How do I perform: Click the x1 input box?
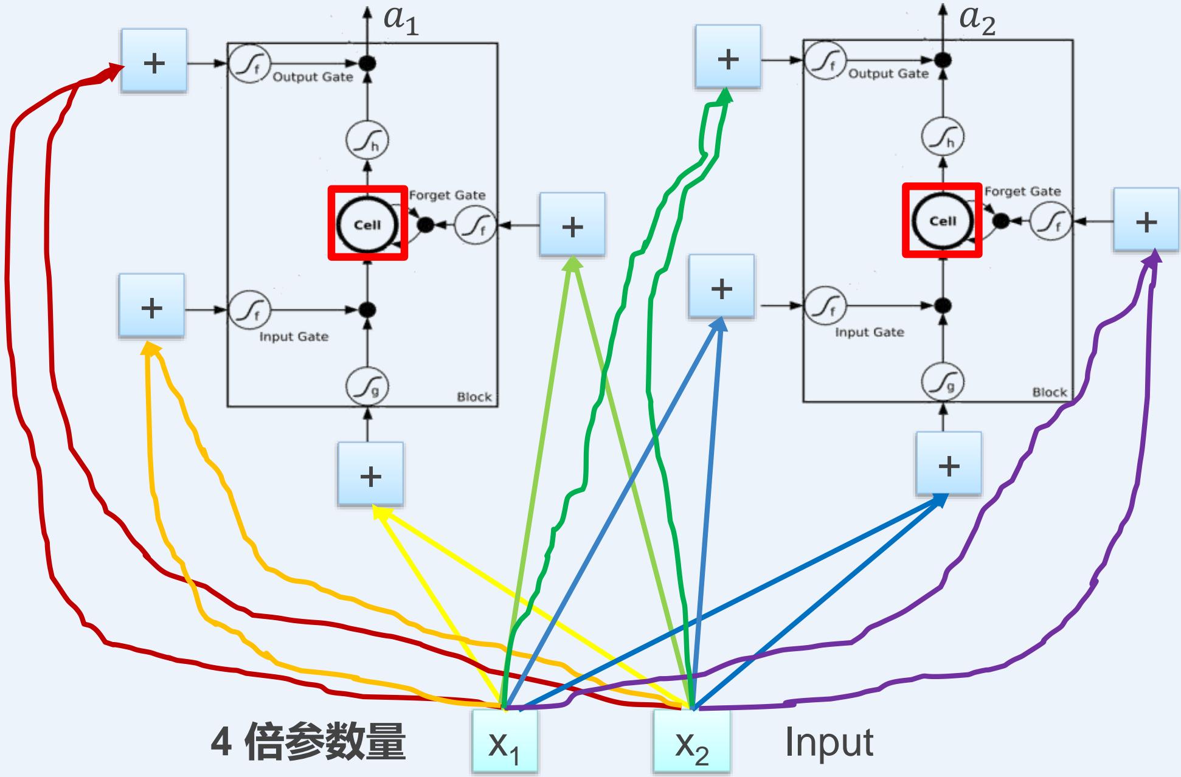click(504, 742)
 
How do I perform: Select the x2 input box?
click(691, 742)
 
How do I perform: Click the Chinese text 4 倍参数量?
click(308, 742)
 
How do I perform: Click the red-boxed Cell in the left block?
click(367, 224)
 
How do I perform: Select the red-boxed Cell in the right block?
click(942, 220)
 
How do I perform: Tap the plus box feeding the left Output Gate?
click(154, 61)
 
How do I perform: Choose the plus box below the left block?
click(370, 474)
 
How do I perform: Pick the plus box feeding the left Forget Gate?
click(572, 225)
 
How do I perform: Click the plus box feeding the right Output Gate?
click(727, 57)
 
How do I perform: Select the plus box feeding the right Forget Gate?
click(1146, 220)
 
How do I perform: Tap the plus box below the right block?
click(948, 464)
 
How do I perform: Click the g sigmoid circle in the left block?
click(367, 387)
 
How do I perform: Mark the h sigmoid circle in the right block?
click(943, 137)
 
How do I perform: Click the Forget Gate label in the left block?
click(447, 195)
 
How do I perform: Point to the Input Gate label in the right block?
click(869, 332)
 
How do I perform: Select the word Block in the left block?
click(474, 397)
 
